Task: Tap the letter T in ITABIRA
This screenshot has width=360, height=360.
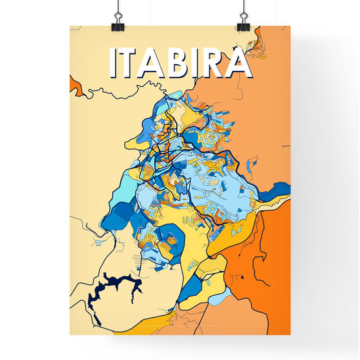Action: click(132, 63)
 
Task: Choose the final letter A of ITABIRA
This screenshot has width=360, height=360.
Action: click(239, 63)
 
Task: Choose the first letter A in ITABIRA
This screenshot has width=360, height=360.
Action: click(156, 63)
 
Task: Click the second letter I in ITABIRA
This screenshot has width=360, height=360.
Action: click(200, 63)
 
